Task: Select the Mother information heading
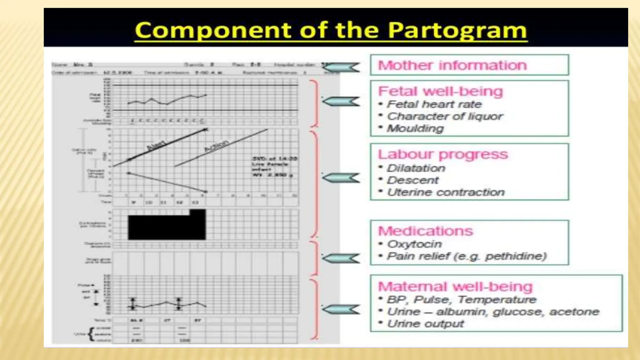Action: [452, 65]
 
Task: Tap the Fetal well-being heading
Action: [440, 91]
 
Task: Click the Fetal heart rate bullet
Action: [434, 104]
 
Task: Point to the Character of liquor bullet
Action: [445, 116]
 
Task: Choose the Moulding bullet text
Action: [415, 128]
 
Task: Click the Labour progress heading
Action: [443, 154]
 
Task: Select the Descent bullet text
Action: [412, 180]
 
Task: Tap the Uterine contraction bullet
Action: [446, 192]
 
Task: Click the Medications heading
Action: [425, 231]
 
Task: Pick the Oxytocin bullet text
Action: [414, 244]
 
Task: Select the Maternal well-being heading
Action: [455, 287]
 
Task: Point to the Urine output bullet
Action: [425, 324]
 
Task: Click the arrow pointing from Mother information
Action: [341, 67]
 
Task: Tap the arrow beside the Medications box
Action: [341, 258]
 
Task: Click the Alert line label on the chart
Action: [156, 146]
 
